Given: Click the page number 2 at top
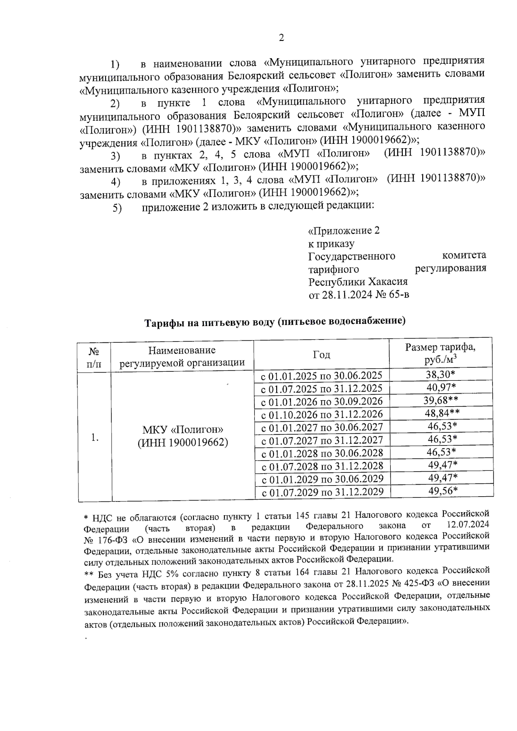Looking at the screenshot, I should pyautogui.click(x=281, y=38).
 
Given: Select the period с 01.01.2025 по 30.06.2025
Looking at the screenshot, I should pyautogui.click(x=322, y=375).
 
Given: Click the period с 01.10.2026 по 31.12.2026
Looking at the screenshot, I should pyautogui.click(x=322, y=414).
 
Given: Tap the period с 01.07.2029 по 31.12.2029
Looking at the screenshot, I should pyautogui.click(x=322, y=492).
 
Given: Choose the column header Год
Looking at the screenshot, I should pyautogui.click(x=321, y=355).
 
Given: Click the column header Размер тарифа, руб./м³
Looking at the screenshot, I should pyautogui.click(x=441, y=354).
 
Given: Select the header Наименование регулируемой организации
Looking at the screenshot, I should pyautogui.click(x=182, y=356).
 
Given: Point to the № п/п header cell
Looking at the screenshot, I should pyautogui.click(x=94, y=357).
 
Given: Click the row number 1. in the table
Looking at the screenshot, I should pyautogui.click(x=95, y=437).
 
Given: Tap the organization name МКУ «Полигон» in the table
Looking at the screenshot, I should pyautogui.click(x=183, y=429).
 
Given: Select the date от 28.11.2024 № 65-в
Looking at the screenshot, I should pyautogui.click(x=358, y=296).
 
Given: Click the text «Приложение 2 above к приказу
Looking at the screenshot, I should pyautogui.click(x=344, y=230).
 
